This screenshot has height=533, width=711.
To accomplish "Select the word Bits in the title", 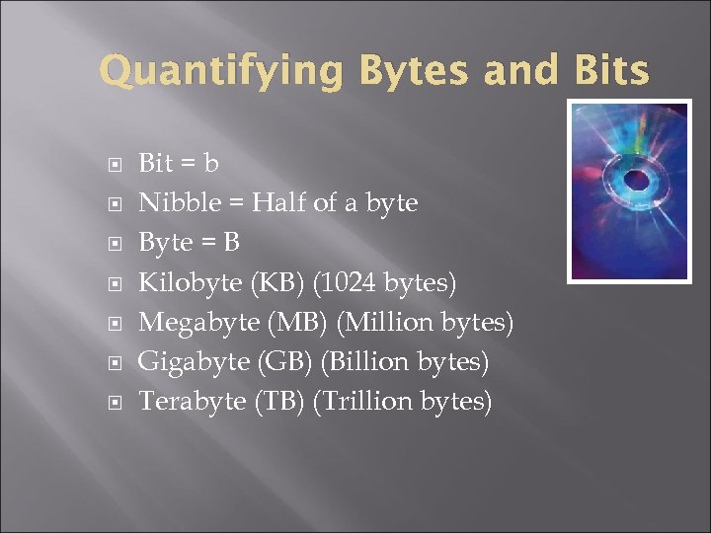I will (x=613, y=71).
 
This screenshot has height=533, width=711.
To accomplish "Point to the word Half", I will (x=279, y=203).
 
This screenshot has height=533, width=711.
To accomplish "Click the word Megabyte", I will (x=199, y=323).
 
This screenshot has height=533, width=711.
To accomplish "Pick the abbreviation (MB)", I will (x=299, y=323).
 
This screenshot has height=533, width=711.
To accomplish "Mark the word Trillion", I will (x=368, y=402).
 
